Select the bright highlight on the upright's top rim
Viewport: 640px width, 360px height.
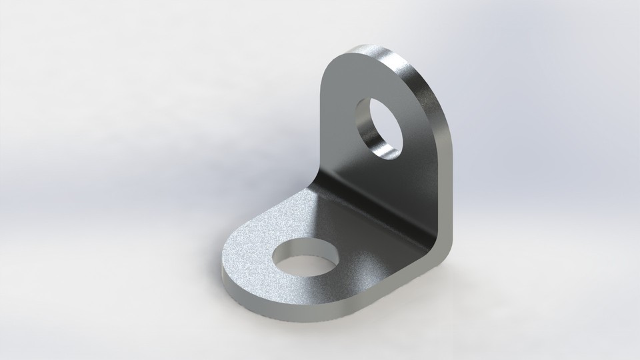[x=383, y=52]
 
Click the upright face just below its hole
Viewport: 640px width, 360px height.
[x=387, y=177]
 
